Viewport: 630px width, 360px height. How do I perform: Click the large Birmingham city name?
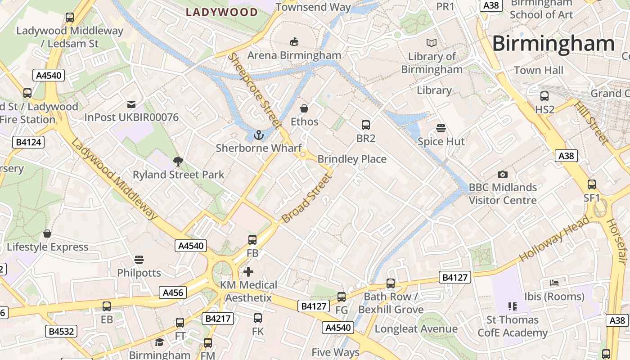click(553, 44)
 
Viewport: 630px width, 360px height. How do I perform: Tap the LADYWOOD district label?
click(222, 12)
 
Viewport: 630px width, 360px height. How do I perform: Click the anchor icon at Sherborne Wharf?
click(259, 135)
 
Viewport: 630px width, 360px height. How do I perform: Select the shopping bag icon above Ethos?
click(304, 108)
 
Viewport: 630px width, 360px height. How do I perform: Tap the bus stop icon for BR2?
click(366, 125)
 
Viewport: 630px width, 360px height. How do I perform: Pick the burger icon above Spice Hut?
click(441, 128)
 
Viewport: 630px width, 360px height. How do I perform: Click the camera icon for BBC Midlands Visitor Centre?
click(503, 174)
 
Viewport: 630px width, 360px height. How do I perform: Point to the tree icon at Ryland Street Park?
click(178, 161)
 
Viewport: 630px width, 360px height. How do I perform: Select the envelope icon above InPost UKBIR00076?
click(131, 104)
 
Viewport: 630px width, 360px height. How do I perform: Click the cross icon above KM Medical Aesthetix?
click(248, 272)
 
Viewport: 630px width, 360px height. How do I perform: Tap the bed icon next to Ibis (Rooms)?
click(554, 283)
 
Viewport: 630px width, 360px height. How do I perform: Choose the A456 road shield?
click(173, 293)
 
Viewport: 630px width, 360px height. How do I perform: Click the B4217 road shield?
click(218, 319)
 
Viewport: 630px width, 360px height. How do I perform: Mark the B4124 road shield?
click(28, 143)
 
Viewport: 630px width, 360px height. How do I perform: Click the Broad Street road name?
click(307, 198)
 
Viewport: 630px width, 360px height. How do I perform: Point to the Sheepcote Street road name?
click(254, 90)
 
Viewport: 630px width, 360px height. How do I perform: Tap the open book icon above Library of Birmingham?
click(432, 43)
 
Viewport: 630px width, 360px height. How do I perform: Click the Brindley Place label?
click(352, 159)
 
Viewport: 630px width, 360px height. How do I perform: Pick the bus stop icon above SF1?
click(592, 184)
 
